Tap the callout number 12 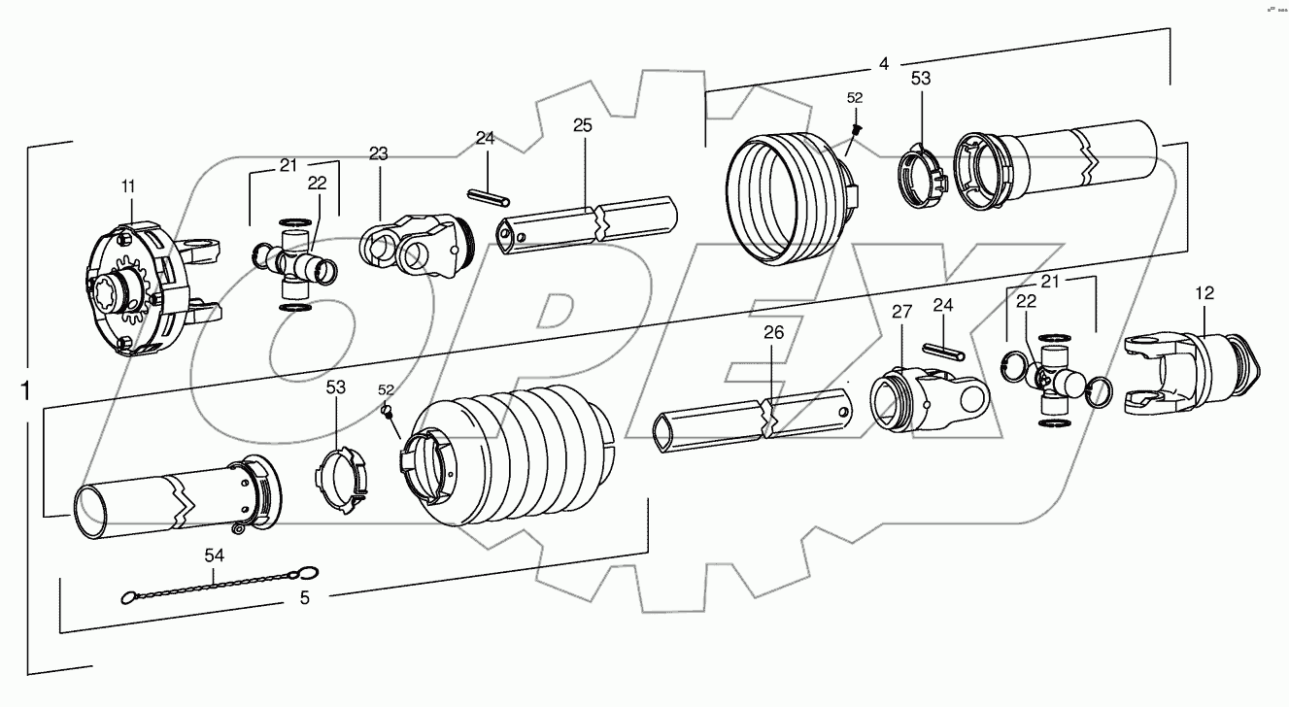(x=1204, y=292)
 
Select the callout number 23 (x=378, y=152)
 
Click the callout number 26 (x=773, y=332)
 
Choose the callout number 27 (x=902, y=312)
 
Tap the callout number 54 (x=213, y=555)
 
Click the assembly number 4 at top (x=883, y=64)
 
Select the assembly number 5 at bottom (x=304, y=599)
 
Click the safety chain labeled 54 (x=220, y=585)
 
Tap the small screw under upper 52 (x=856, y=129)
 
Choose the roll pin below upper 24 (x=489, y=197)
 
